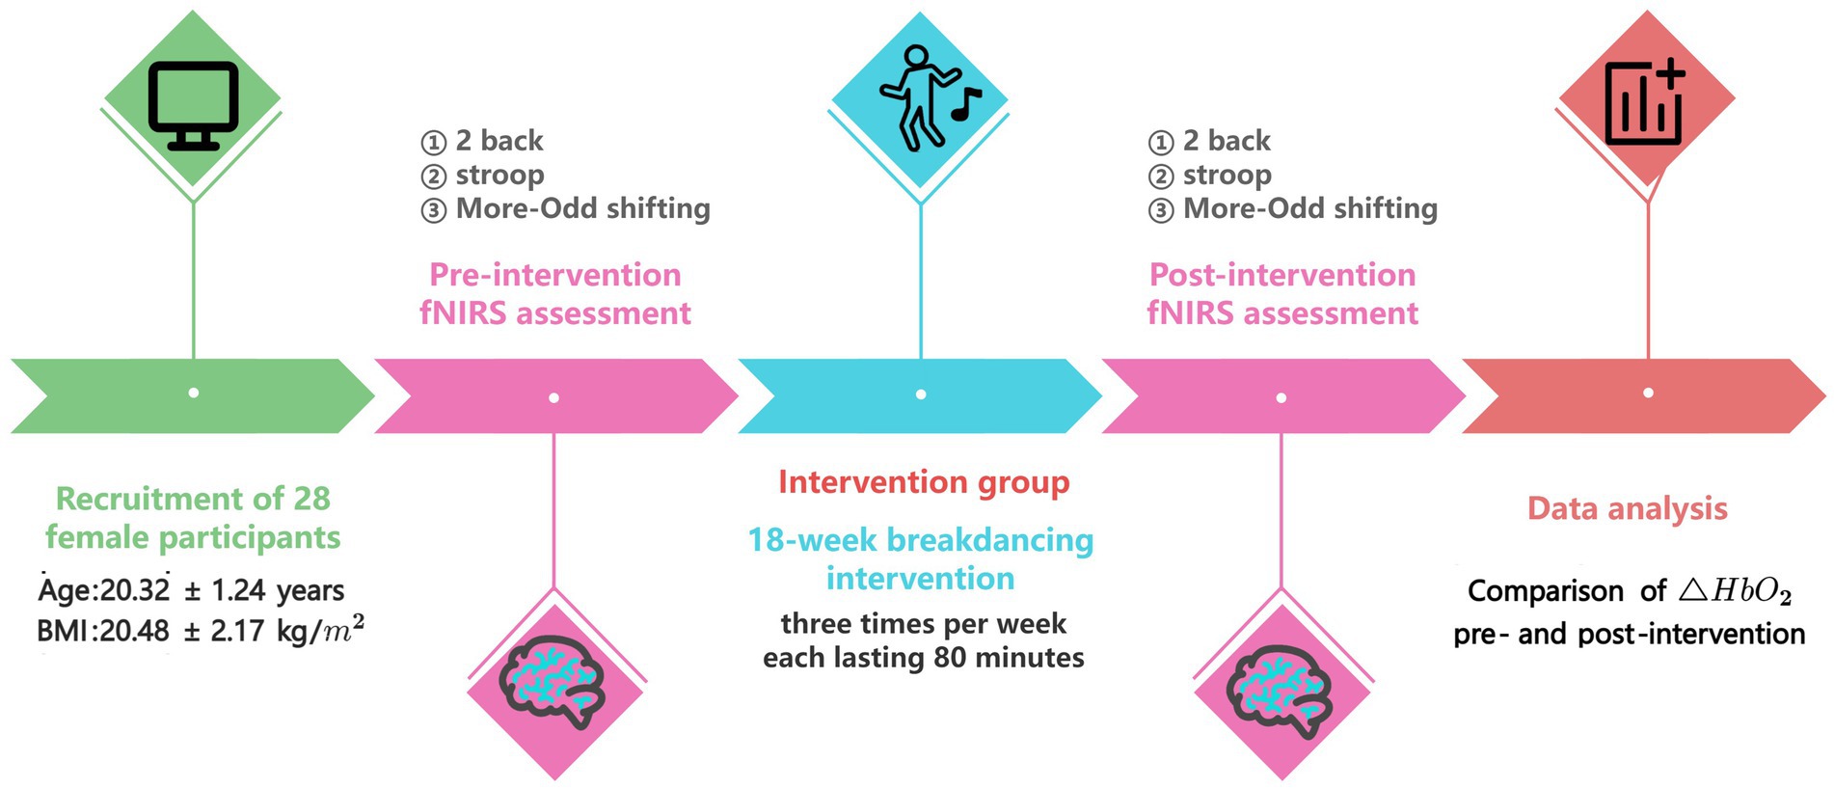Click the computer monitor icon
pos(193,105)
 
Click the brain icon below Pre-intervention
pos(553,681)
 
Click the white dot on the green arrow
pos(194,394)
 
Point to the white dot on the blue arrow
pos(921,394)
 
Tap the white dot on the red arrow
pos(1648,393)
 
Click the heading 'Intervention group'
pos(923,482)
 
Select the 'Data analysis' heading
pos(1627,508)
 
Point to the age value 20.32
pos(134,590)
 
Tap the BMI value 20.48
pos(134,632)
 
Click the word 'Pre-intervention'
pos(554,275)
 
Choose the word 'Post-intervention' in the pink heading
pos(1281,275)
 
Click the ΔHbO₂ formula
pos(1734,591)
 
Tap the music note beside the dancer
pos(965,103)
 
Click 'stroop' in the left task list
pos(499,176)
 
